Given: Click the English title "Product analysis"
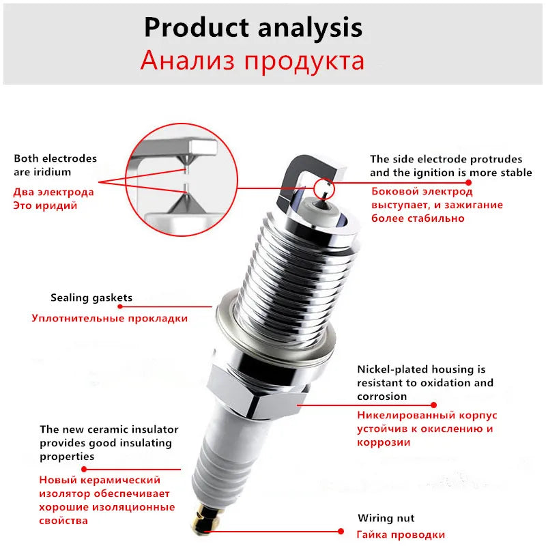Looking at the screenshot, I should [253, 27].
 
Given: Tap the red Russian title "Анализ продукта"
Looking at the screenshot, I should [253, 61].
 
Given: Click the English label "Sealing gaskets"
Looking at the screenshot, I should [91, 298].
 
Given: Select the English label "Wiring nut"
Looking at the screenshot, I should [386, 518].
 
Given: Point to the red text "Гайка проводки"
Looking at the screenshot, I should [401, 534].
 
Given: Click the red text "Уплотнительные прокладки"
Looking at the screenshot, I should [109, 318].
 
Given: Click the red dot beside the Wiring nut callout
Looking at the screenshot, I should [342, 530].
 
